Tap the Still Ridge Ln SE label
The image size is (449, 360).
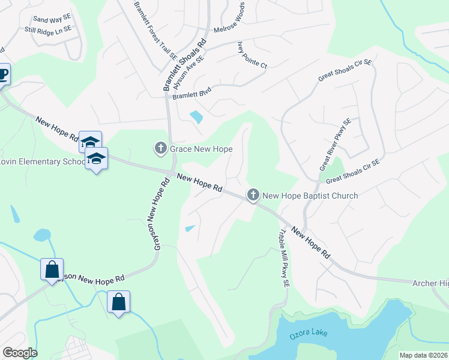pyautogui.click(x=47, y=29)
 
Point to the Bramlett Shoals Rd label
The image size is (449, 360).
pyautogui.click(x=184, y=65)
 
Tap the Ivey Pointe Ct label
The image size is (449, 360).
pyautogui.click(x=252, y=55)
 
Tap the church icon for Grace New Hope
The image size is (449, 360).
pyautogui.click(x=160, y=148)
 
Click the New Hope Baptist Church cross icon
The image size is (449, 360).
pyautogui.click(x=253, y=195)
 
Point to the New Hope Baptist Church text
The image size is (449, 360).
pyautogui.click(x=310, y=196)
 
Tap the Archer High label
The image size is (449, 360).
pyautogui.click(x=430, y=283)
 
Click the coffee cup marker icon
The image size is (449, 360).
pyautogui.click(x=3, y=75)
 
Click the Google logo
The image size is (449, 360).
pyautogui.click(x=20, y=353)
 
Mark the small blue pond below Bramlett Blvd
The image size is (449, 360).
pyautogui.click(x=196, y=117)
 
